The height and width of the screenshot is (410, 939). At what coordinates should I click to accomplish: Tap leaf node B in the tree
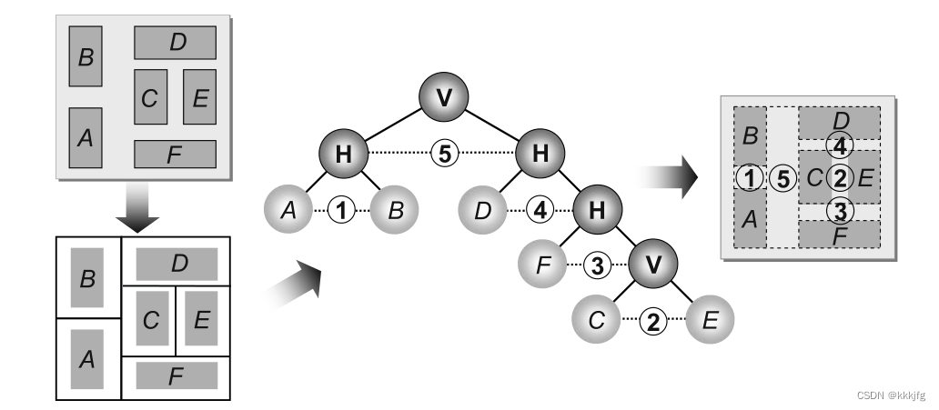click(394, 211)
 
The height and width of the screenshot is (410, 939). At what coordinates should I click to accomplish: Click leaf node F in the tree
click(543, 265)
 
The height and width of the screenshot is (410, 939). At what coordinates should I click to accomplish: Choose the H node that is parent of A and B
click(343, 154)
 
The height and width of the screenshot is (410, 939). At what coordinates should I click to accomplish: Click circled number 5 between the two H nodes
click(443, 154)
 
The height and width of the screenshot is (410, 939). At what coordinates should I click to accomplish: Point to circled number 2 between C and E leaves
click(651, 320)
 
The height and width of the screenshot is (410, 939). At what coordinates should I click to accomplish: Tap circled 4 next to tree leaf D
click(540, 211)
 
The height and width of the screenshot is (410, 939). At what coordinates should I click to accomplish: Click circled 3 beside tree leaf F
click(596, 265)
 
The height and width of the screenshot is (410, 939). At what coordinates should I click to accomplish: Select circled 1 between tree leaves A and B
click(341, 211)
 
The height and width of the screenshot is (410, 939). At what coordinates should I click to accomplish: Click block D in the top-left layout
click(176, 43)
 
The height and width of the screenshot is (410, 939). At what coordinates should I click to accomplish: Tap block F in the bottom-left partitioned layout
click(176, 375)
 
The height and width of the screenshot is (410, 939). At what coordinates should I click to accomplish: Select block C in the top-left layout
click(150, 97)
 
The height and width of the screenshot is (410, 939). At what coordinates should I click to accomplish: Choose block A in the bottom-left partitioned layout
click(87, 359)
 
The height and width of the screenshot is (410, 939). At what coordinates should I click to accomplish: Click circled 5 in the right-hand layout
click(781, 178)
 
